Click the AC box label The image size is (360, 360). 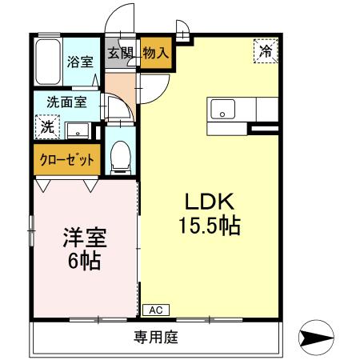[155, 309]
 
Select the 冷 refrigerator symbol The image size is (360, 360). [266, 51]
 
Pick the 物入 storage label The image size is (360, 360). [155, 53]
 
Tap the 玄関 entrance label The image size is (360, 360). [122, 53]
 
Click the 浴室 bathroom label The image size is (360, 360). [79, 62]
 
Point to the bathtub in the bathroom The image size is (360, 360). [46, 62]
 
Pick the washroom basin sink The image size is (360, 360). [78, 129]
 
